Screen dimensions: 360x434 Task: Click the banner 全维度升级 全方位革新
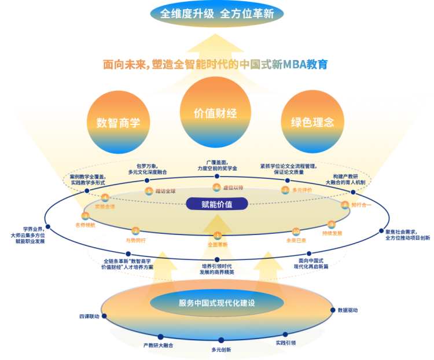tap(217, 13)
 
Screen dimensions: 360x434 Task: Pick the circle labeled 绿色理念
tap(312, 122)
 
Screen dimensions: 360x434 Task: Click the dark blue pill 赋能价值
tap(217, 204)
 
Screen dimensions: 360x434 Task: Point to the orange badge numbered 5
tap(149, 190)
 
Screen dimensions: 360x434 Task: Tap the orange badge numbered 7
tap(285, 190)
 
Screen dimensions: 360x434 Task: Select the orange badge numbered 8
tap(345, 204)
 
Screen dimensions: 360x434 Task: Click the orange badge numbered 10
tap(296, 232)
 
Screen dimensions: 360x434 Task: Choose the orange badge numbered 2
tap(135, 232)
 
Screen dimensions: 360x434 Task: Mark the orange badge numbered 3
tap(85, 216)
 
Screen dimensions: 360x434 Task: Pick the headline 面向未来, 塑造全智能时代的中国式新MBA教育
tap(216, 65)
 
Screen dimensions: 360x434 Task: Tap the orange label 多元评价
tap(301, 190)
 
